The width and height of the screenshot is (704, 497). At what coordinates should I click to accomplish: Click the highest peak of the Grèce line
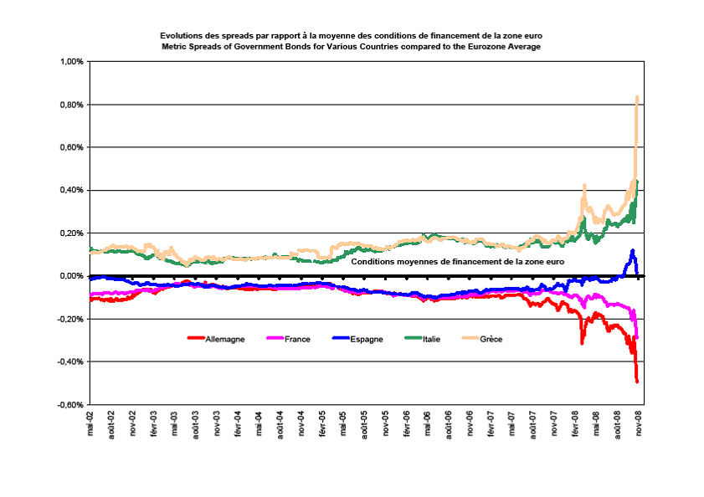click(638, 97)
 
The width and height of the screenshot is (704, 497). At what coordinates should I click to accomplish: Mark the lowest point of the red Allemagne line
click(638, 382)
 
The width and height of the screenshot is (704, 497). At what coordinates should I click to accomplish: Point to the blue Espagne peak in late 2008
click(633, 250)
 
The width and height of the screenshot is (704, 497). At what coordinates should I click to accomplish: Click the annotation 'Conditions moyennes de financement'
click(458, 262)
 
